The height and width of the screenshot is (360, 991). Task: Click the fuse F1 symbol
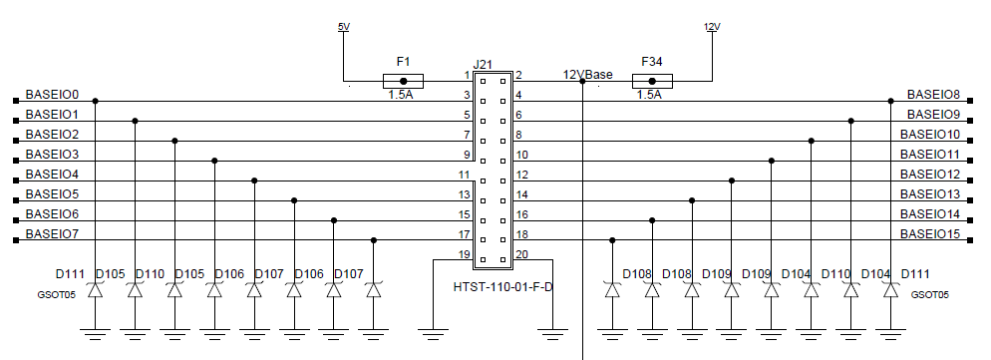point(403,81)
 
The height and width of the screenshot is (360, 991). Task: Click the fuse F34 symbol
point(652,81)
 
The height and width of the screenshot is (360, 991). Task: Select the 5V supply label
point(344,27)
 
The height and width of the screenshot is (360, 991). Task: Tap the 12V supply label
point(712,27)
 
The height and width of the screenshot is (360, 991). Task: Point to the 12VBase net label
point(588,75)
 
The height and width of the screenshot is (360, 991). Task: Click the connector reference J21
point(484,64)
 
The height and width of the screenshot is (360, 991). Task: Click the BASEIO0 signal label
point(52,95)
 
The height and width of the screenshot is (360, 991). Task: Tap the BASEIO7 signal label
point(52,234)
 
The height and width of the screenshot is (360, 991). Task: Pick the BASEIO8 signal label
point(933,95)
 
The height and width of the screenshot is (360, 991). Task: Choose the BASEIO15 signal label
point(929,234)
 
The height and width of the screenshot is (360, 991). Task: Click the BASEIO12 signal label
point(929,175)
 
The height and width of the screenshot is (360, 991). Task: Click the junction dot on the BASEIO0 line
point(95,101)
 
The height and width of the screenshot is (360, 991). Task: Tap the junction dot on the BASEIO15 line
point(612,240)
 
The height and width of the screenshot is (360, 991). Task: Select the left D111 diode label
point(70,274)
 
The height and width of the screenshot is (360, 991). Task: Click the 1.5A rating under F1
point(401,96)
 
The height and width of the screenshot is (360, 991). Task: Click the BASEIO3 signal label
point(52,155)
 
